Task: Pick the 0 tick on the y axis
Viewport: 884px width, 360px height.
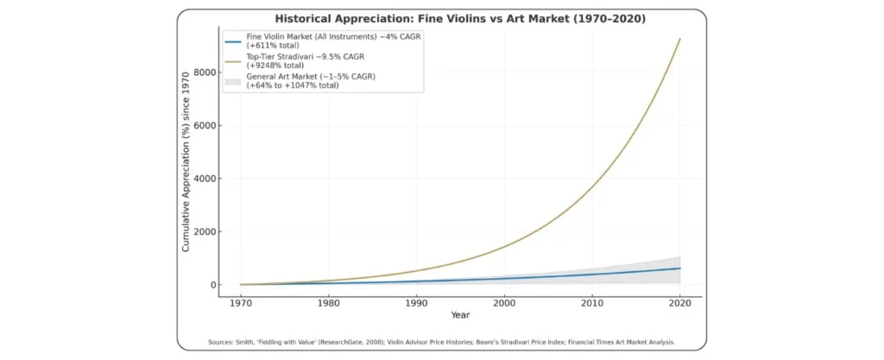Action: point(212,285)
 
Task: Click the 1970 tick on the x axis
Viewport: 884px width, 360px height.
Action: point(241,303)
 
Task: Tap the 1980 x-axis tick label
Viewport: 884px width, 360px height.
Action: point(329,303)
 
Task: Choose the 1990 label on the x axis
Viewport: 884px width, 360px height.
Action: point(417,303)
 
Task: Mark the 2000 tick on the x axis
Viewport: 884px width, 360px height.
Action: point(504,303)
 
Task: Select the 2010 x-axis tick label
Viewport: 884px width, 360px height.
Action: point(592,303)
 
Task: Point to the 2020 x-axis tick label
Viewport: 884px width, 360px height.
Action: point(680,303)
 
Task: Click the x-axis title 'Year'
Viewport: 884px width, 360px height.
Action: point(460,315)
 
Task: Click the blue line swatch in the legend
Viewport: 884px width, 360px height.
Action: point(233,41)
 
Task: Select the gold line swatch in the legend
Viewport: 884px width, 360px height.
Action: point(233,61)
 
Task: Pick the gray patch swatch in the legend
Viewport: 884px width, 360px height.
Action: point(233,82)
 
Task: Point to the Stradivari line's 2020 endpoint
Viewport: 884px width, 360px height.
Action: point(680,39)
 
